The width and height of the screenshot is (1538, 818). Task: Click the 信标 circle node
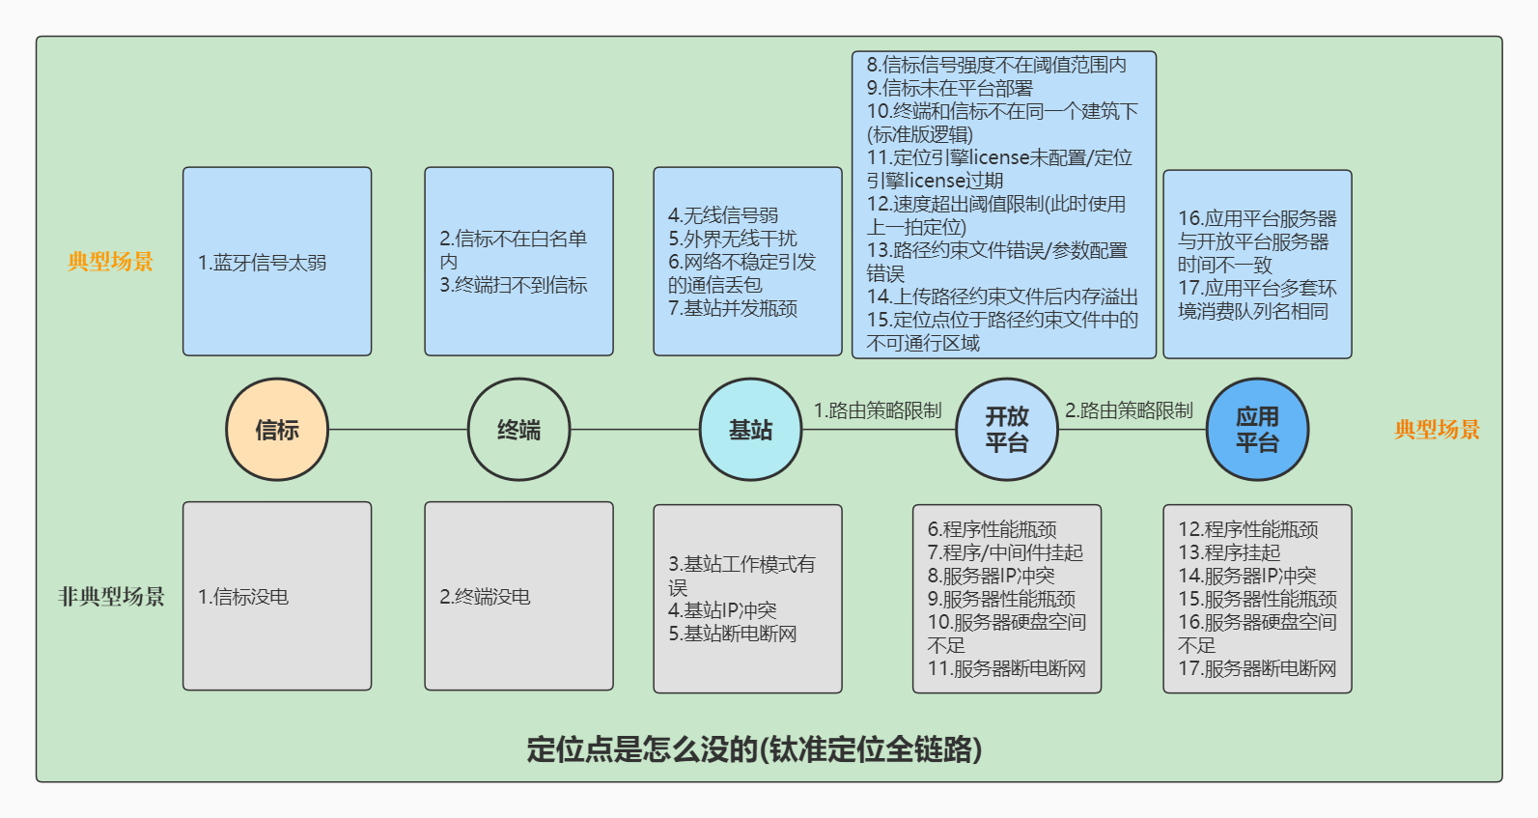click(x=277, y=429)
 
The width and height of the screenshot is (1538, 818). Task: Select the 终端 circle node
click(x=519, y=429)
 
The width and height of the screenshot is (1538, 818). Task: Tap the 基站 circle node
click(x=750, y=429)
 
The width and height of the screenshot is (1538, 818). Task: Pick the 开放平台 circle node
click(x=1007, y=429)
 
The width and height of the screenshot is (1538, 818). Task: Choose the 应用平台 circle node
click(x=1257, y=429)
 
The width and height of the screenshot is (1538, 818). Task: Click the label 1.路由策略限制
click(x=878, y=410)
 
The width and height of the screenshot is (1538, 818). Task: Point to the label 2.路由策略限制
click(x=1129, y=410)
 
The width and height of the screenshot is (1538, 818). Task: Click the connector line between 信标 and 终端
click(x=398, y=430)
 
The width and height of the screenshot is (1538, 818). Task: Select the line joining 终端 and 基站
click(x=635, y=430)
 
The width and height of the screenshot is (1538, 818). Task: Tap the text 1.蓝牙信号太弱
click(x=262, y=263)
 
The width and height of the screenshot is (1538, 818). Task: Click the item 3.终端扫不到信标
click(x=514, y=285)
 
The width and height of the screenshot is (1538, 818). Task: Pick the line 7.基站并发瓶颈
click(x=733, y=308)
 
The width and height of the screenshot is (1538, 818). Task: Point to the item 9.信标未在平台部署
click(x=950, y=88)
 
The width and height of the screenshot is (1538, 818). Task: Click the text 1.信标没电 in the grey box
click(x=243, y=597)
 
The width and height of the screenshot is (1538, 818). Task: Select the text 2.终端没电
click(x=485, y=597)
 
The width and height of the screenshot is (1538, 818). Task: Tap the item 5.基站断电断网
click(x=733, y=634)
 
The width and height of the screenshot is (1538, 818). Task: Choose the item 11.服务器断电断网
click(x=1007, y=669)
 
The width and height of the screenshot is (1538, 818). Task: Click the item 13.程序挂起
click(x=1229, y=552)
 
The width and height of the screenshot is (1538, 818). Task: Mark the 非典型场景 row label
click(x=111, y=596)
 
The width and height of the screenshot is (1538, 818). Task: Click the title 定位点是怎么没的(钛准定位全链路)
click(x=755, y=749)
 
